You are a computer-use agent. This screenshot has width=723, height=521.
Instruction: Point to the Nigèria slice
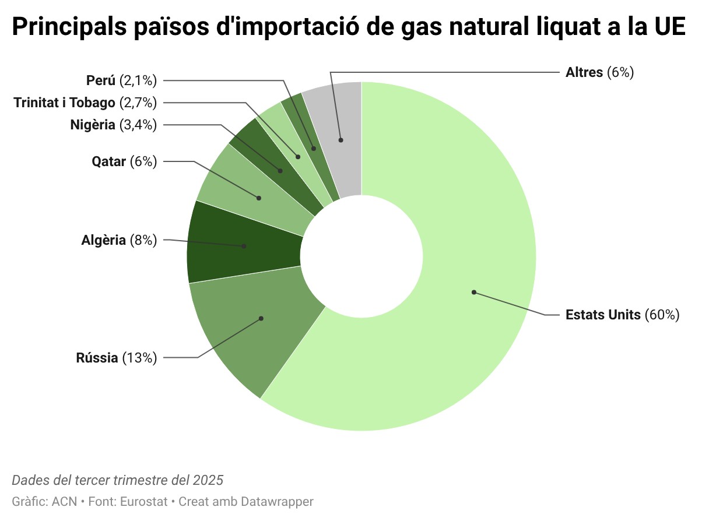coord(274,163)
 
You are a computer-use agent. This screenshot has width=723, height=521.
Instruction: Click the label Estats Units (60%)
coord(623,315)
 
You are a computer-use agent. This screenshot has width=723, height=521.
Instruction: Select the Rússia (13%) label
coord(117,358)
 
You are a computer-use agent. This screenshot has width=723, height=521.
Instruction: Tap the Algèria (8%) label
coord(119,240)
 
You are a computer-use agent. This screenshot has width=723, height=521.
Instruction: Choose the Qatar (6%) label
coord(124,161)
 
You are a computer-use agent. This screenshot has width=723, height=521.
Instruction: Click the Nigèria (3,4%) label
coord(113,125)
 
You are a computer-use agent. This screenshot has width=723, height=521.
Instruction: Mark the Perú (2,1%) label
coord(121,80)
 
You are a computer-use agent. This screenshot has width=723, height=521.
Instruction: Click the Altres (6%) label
coord(599,73)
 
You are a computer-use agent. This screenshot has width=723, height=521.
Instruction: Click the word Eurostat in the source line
coord(145,502)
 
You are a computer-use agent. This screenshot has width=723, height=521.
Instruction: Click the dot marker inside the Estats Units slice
coord(474,292)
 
